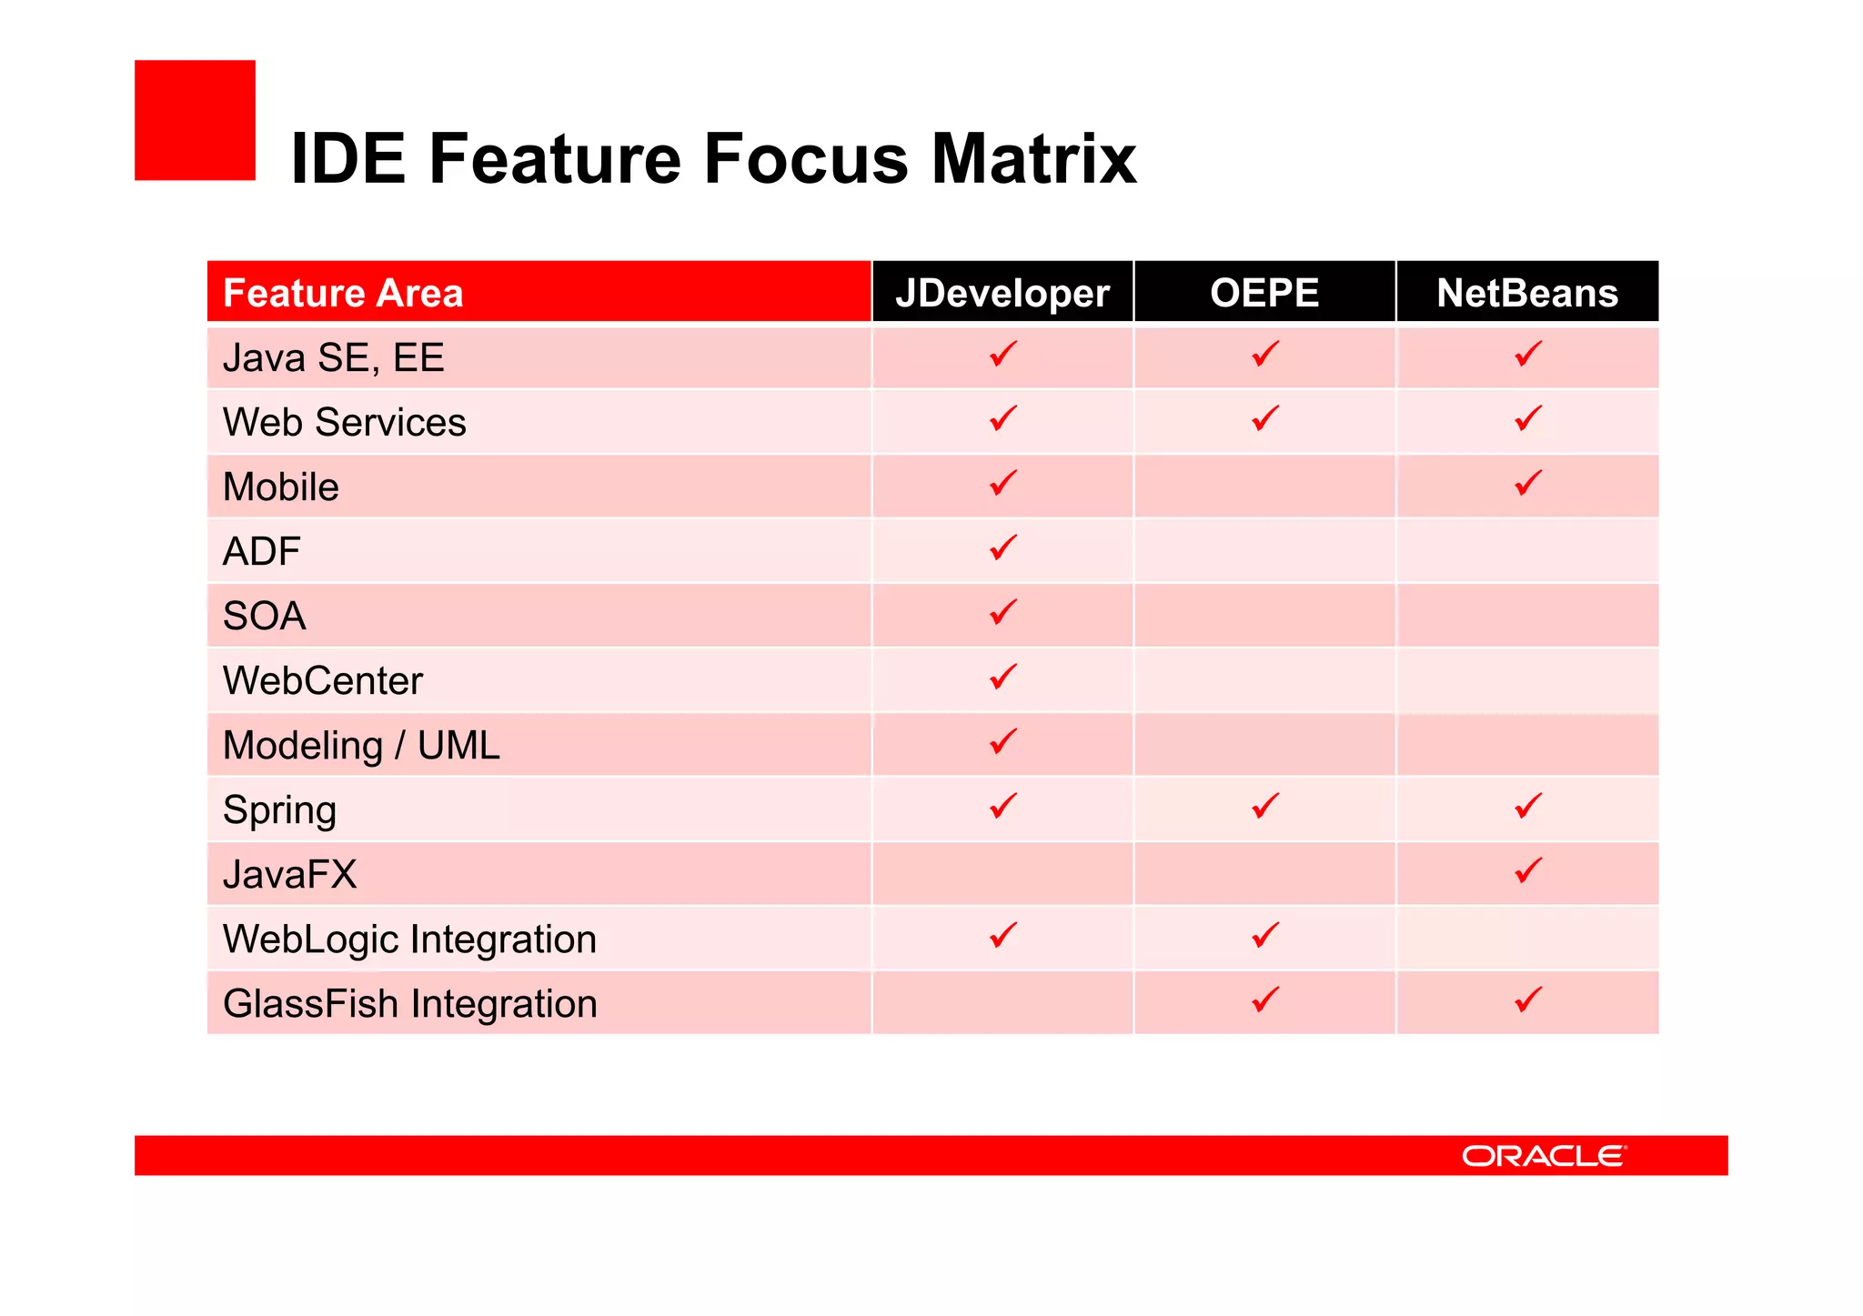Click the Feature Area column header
pos(343,293)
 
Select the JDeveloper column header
pos(1002,293)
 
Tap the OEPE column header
pos(1264,293)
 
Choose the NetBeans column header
pos(1526,293)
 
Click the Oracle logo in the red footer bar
pos(1543,1155)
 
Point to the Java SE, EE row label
pos(333,357)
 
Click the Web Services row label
pos(344,422)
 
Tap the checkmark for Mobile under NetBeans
pos(1527,482)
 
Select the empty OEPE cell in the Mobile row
pos(1264,487)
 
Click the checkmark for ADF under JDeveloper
pos(1002,547)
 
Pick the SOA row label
pos(264,616)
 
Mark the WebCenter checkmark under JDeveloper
pos(1002,677)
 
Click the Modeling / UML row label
pos(361,745)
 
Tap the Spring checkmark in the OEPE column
pos(1264,806)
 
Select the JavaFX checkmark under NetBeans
pos(1527,870)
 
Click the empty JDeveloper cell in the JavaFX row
pos(1002,874)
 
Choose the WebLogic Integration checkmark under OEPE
pos(1264,935)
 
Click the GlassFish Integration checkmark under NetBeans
pos(1527,1000)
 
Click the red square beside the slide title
pos(195,120)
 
